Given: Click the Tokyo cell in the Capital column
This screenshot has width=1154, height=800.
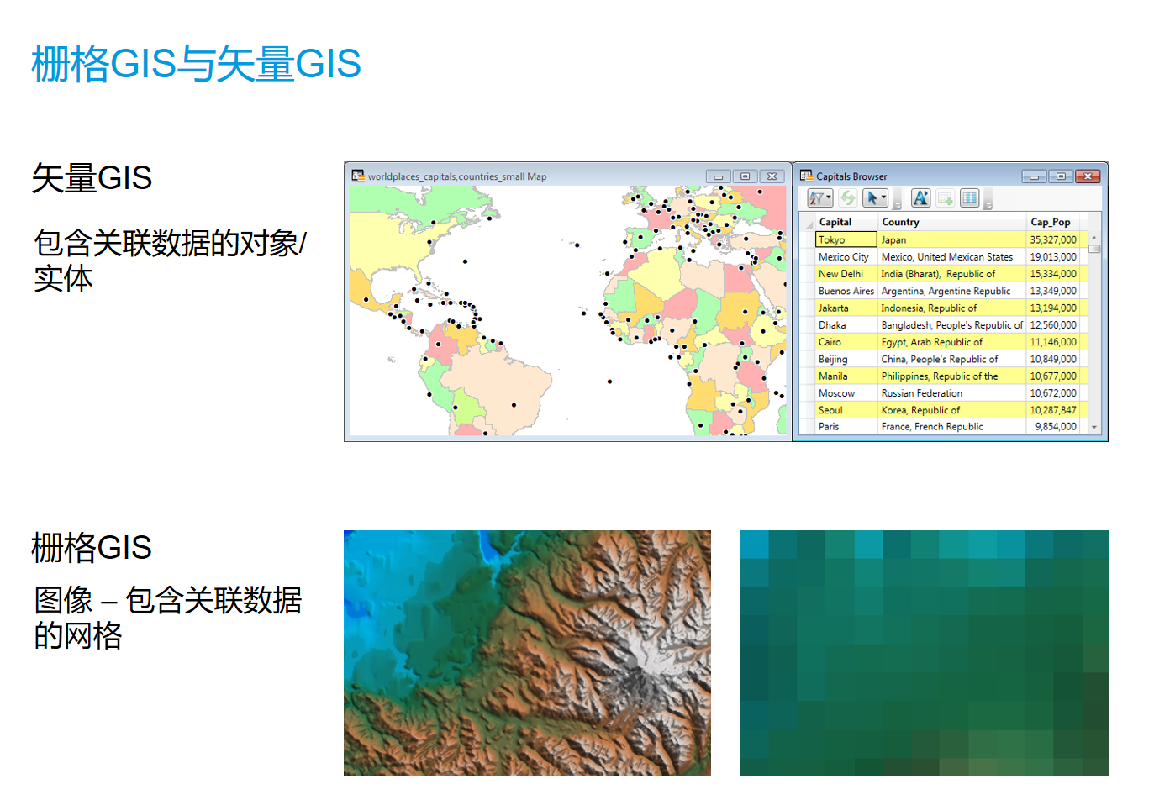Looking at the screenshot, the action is click(846, 239).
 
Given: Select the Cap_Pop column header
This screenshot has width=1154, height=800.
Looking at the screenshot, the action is click(1051, 222).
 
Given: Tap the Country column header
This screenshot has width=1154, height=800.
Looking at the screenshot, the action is click(900, 222).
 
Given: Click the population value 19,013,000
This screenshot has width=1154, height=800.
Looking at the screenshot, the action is click(1053, 256).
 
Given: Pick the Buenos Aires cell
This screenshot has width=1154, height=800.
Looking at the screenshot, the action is click(846, 291).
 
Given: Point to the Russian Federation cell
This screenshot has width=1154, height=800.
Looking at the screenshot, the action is click(922, 393).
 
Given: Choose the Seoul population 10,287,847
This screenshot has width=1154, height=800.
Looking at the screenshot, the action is click(1053, 410).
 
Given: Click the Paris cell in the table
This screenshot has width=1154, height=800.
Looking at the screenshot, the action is click(829, 427).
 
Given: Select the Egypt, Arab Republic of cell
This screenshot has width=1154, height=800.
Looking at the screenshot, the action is click(931, 342).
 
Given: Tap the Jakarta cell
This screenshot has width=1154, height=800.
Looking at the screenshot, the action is click(834, 308).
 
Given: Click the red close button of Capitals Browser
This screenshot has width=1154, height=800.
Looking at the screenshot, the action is click(1088, 176).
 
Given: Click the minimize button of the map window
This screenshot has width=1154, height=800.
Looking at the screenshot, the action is click(718, 176).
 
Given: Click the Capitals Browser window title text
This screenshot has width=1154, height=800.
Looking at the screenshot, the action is click(851, 176).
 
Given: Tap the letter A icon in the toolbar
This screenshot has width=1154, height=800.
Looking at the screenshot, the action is click(920, 198).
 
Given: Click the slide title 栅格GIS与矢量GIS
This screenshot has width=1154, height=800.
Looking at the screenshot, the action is click(197, 64).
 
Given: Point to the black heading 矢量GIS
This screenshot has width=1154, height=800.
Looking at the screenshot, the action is click(92, 178).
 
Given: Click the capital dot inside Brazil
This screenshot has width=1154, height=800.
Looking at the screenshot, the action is click(514, 405).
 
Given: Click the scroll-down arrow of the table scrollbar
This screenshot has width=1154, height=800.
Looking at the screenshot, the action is click(1093, 428).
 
